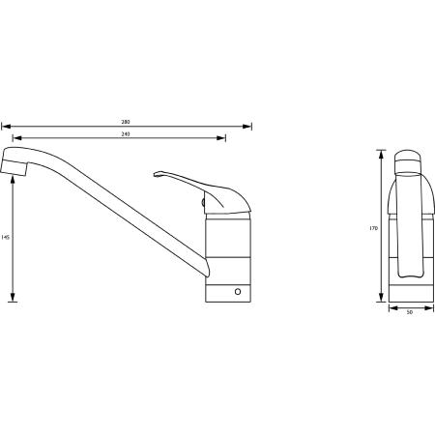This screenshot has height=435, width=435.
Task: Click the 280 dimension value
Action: point(126,122)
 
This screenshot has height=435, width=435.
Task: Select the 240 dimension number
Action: point(126,133)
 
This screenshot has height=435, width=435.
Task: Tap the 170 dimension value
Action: point(373,229)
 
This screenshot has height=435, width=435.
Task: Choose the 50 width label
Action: point(410,312)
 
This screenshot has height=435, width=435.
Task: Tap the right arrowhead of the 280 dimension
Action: point(249,126)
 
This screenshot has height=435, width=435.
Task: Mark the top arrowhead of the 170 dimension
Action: point(380,153)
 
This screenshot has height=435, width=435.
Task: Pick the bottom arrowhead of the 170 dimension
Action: point(380,302)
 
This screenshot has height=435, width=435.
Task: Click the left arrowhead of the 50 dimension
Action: point(391,308)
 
